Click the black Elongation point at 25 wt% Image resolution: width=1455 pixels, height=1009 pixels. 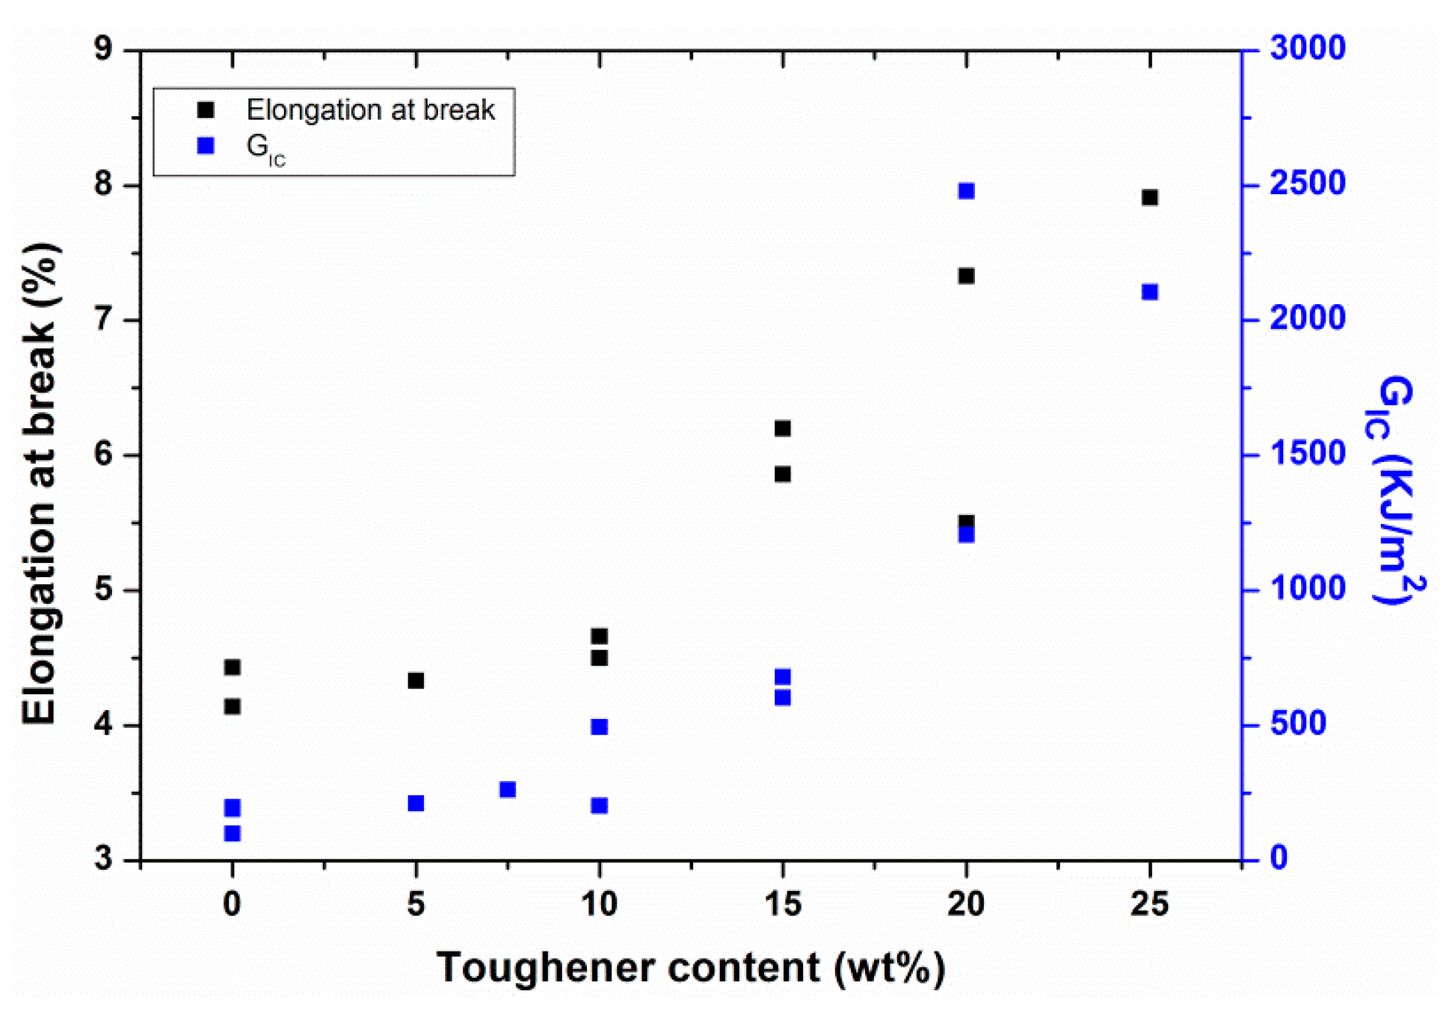click(x=1149, y=197)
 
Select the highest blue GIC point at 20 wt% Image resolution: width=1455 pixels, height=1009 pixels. click(x=966, y=191)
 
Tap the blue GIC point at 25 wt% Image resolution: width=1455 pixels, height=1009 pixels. click(x=1149, y=291)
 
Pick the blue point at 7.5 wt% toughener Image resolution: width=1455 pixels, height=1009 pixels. click(x=508, y=789)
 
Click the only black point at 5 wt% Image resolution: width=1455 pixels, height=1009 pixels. click(x=416, y=680)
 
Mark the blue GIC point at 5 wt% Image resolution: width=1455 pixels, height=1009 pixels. click(x=416, y=803)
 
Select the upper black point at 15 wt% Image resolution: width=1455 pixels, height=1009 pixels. click(x=782, y=428)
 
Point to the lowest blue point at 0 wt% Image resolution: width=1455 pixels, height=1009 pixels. click(x=233, y=833)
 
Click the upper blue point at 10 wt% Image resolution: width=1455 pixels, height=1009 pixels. click(x=599, y=726)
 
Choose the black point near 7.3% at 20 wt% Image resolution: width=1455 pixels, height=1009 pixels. click(x=966, y=276)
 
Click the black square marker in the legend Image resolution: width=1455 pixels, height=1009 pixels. click(x=206, y=111)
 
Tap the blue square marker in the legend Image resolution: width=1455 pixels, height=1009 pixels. click(x=206, y=146)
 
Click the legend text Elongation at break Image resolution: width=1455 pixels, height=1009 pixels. click(x=370, y=111)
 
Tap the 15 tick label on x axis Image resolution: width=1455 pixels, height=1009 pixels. click(x=783, y=904)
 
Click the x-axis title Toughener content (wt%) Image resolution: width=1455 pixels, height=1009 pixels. click(x=690, y=967)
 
